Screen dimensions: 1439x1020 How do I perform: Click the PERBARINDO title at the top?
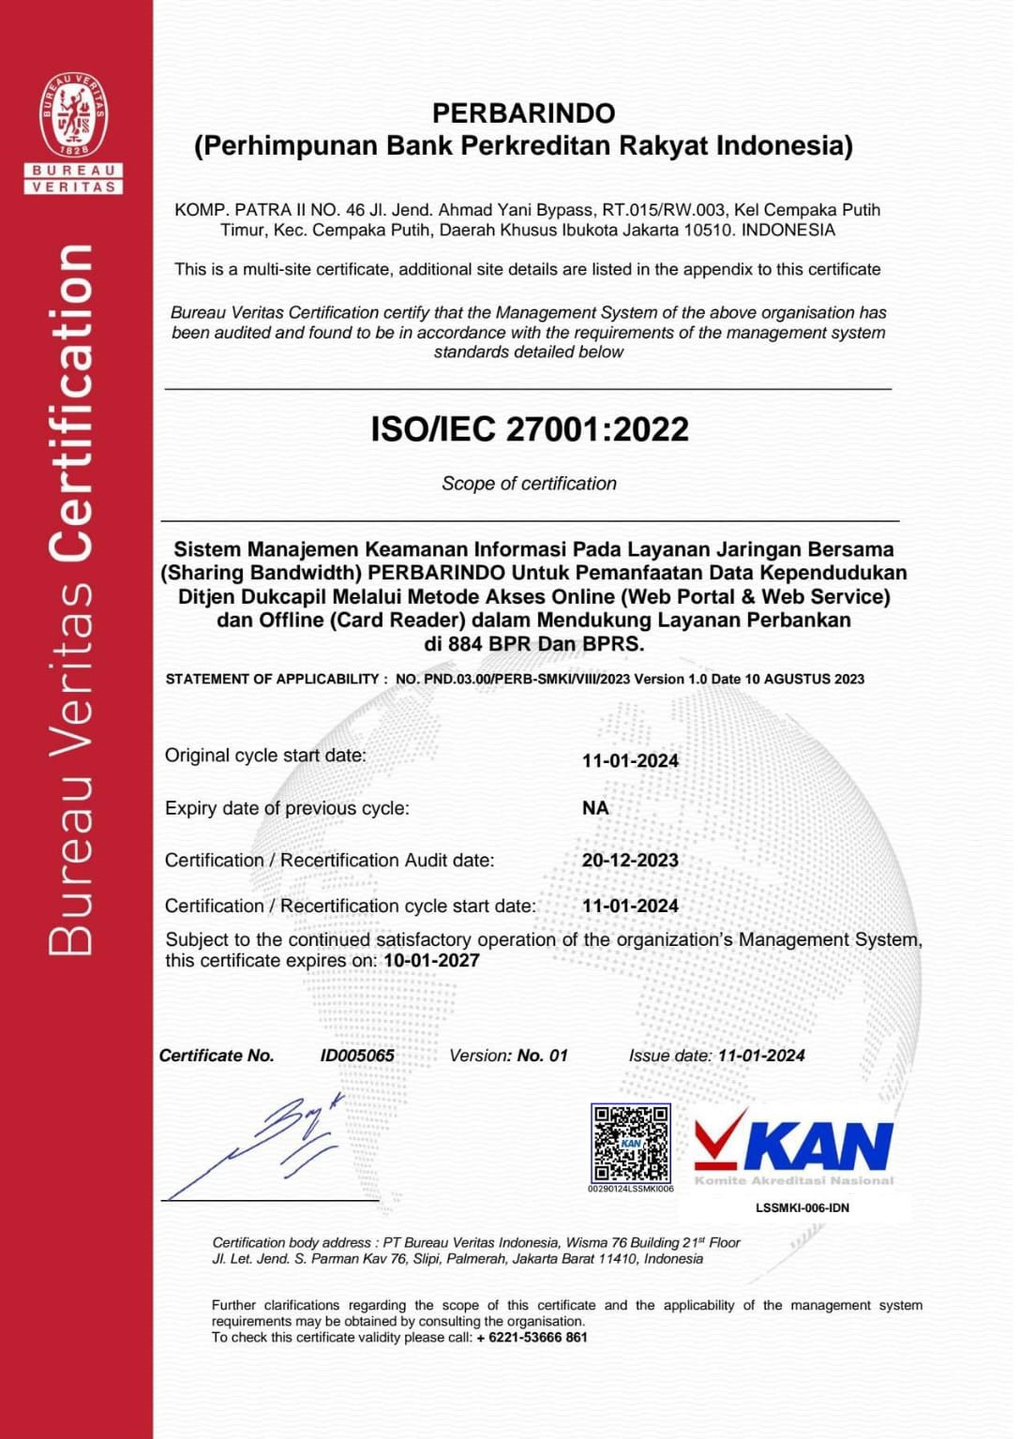tap(523, 113)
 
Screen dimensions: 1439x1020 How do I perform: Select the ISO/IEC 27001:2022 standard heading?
tap(530, 429)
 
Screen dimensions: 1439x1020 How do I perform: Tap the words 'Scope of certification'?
tap(529, 484)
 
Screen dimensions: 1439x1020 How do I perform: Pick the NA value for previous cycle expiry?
tap(595, 808)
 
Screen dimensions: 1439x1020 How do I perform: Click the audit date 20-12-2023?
tap(630, 861)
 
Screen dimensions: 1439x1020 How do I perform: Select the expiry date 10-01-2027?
tap(431, 961)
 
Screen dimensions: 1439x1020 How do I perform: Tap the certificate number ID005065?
tap(357, 1056)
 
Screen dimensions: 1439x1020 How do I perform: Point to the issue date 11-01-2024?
tap(761, 1056)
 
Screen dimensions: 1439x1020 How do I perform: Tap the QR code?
tap(630, 1143)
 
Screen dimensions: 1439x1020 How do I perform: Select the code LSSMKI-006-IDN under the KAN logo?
tap(802, 1208)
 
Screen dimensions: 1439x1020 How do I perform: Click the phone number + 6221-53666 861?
tap(532, 1338)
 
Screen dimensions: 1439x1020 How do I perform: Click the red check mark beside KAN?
tap(720, 1136)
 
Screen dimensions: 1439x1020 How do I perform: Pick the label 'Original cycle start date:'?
tap(265, 756)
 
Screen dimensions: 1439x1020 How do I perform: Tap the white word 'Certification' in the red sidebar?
tap(73, 403)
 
